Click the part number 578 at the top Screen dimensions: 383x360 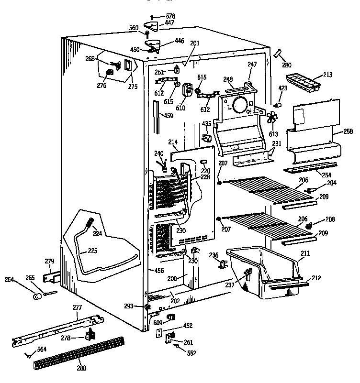(170, 16)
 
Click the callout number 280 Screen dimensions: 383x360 (286, 65)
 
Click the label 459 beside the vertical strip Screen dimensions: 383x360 (169, 115)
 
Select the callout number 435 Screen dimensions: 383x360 (206, 124)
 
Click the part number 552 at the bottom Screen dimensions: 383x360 (191, 353)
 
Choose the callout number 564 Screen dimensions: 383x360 (42, 349)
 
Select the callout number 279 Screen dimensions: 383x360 (49, 261)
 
